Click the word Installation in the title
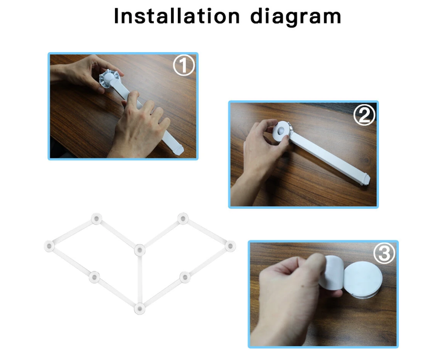177,16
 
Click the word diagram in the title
296,17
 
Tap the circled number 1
184,65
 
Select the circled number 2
364,114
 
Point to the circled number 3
384,254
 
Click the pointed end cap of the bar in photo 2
365,179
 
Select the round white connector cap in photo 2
281,132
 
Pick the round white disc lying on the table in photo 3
363,279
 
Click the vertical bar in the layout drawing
139,279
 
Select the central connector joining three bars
139,250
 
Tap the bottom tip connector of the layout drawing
139,308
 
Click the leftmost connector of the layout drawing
49,246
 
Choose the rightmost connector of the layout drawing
230,246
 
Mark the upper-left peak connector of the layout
97,219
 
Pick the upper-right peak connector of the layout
183,219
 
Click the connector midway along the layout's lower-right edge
185,277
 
